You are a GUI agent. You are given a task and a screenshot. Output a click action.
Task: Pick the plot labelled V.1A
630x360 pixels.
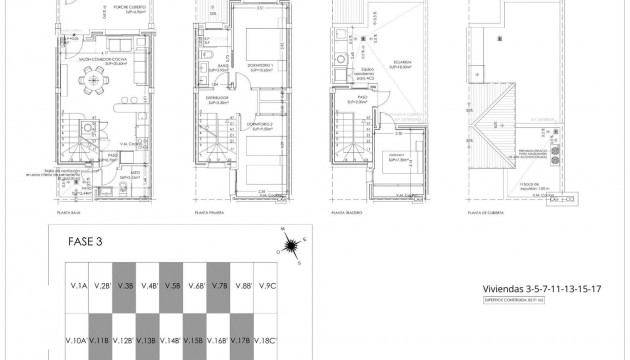[x=77, y=287]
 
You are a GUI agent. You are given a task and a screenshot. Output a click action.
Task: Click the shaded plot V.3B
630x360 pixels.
[x=125, y=287]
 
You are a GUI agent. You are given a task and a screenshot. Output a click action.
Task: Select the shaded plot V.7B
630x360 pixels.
[x=221, y=287]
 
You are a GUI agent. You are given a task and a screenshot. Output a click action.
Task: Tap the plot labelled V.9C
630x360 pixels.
[x=267, y=287]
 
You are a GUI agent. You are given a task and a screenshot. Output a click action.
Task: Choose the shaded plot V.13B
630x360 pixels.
[x=148, y=341]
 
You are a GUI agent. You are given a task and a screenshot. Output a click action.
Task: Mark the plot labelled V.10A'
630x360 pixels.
[x=77, y=341]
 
